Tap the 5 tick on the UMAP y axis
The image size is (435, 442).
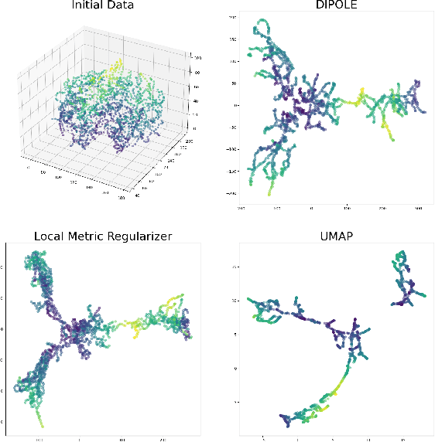click(235, 334)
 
